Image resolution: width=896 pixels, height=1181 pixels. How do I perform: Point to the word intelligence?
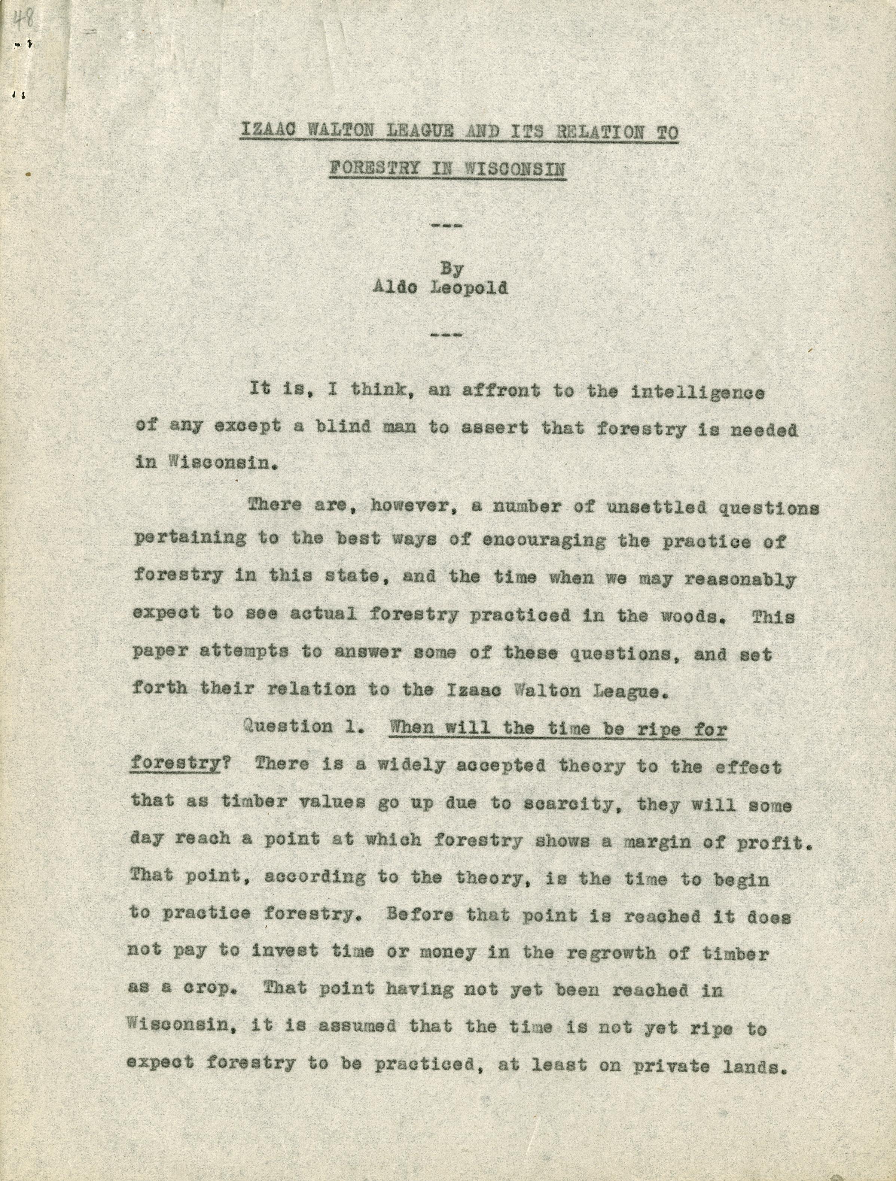pyautogui.click(x=698, y=392)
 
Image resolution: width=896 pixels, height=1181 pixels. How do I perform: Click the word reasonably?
pyautogui.click(x=740, y=579)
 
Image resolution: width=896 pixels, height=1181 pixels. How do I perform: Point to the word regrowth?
pyautogui.click(x=611, y=953)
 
